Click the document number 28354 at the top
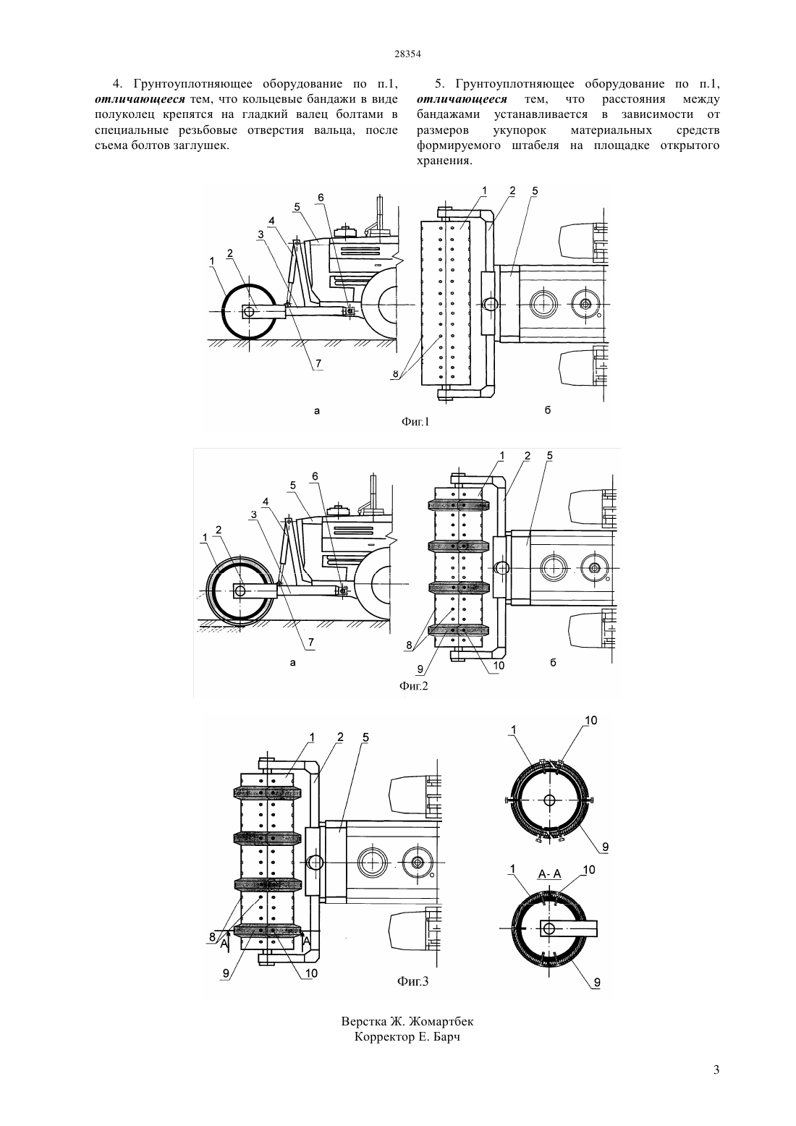(x=407, y=54)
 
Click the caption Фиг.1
(x=415, y=423)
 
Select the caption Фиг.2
(x=414, y=686)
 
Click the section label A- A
(x=549, y=874)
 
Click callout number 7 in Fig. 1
(x=318, y=363)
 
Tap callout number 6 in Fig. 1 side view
(x=321, y=198)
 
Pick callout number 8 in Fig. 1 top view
(x=396, y=374)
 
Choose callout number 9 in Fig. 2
(x=420, y=669)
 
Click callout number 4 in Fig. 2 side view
(x=266, y=501)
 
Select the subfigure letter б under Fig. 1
(x=547, y=410)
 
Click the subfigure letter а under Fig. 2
(x=292, y=663)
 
